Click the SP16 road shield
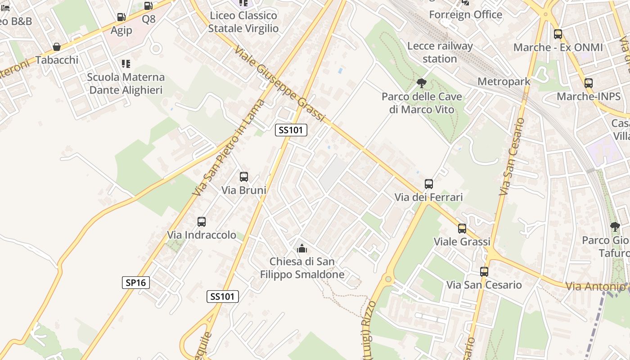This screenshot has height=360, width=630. [x=135, y=283]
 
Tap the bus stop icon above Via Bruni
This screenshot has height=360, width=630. [x=244, y=177]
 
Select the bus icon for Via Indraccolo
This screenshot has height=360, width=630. [x=202, y=221]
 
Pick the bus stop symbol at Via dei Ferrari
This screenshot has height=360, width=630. [x=429, y=184]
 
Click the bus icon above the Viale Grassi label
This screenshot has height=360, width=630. [x=462, y=228]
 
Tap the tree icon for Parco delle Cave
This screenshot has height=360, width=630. [x=422, y=83]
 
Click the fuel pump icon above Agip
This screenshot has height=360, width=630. [x=121, y=17]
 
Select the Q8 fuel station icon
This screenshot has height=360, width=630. [x=148, y=6]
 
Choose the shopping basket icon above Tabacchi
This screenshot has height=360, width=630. [x=57, y=47]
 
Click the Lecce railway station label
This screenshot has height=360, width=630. [x=440, y=52]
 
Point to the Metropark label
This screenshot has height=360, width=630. [x=504, y=81]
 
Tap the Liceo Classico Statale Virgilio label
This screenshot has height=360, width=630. [x=243, y=22]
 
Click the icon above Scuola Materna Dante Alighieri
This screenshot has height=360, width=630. [x=126, y=64]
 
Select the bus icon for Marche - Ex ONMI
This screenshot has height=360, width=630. [x=558, y=34]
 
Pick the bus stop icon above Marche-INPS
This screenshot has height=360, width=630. [x=589, y=83]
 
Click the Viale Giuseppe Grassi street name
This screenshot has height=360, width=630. [x=279, y=84]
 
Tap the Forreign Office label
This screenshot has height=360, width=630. [x=465, y=15]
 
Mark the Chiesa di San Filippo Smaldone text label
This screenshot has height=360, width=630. [x=302, y=268]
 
